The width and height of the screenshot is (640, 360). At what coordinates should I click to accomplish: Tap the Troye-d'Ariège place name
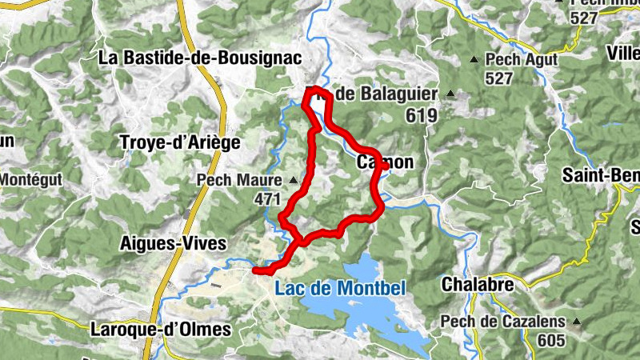[179, 142]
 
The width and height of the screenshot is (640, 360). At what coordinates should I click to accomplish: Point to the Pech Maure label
[238, 180]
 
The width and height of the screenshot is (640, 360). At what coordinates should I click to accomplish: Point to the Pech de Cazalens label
[502, 322]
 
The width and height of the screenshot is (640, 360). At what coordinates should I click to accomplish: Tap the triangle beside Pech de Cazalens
[574, 322]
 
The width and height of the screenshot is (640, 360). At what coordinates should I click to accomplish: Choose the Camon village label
[386, 162]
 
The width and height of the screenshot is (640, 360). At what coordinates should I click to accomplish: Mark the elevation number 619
[422, 115]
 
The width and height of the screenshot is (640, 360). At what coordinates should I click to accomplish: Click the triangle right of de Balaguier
[450, 94]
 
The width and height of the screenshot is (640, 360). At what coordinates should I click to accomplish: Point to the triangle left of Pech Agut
[474, 59]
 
